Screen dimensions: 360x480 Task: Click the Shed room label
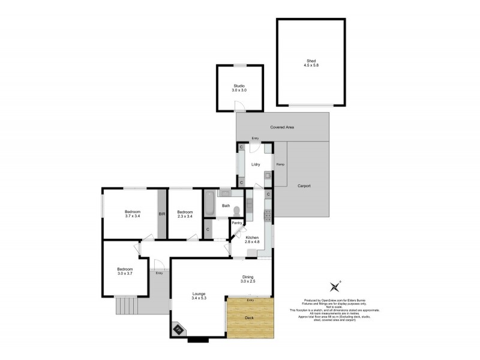point(310,59)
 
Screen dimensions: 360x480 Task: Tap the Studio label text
point(239,86)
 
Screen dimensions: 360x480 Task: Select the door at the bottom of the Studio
point(239,107)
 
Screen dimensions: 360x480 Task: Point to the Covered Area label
point(282,127)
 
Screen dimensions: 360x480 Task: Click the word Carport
point(304,186)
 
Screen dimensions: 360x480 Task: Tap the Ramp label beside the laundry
point(280,164)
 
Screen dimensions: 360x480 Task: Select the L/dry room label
point(255,164)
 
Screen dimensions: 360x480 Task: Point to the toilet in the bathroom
point(238,211)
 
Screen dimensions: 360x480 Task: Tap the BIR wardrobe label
point(161,214)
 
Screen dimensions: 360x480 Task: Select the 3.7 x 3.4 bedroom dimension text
point(133,216)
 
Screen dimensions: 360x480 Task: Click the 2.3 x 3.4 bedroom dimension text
point(185,216)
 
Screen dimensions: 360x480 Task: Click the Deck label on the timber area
point(250,318)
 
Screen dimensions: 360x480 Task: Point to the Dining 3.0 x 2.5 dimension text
point(248,281)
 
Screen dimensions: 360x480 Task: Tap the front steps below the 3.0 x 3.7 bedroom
point(126,306)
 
